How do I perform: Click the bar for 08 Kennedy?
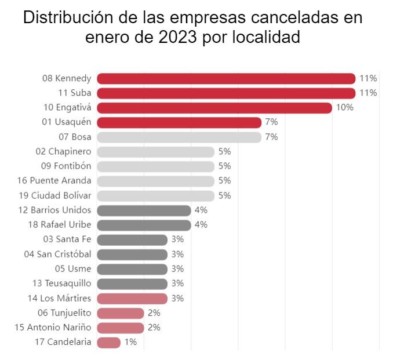(x=226, y=78)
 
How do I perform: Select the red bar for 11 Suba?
(x=226, y=93)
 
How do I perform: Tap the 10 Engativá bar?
(x=214, y=108)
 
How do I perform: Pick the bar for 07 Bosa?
(x=179, y=137)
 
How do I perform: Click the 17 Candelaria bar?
(x=109, y=342)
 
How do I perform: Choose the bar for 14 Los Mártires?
(x=132, y=299)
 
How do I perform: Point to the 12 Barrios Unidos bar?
(x=144, y=210)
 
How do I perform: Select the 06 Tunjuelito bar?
(x=121, y=313)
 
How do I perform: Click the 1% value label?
(x=130, y=342)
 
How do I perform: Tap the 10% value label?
(x=344, y=108)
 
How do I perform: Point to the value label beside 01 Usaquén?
(x=271, y=122)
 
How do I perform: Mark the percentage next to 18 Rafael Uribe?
(x=201, y=225)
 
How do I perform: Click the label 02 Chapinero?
(x=63, y=152)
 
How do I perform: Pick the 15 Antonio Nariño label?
(x=53, y=328)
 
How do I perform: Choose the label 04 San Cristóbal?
(x=57, y=254)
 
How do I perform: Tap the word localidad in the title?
(x=271, y=38)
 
